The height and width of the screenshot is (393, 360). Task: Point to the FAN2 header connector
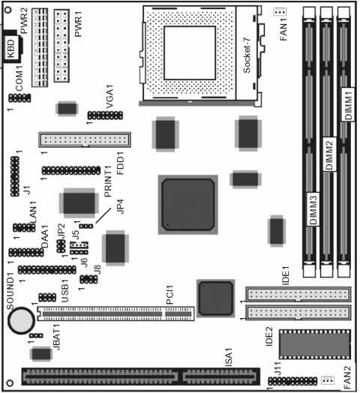328,380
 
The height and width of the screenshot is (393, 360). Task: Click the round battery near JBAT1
20,321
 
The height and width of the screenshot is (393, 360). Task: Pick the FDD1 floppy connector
84,140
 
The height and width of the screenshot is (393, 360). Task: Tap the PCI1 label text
170,293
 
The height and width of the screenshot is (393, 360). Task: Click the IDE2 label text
268,350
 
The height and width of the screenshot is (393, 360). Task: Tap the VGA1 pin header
101,116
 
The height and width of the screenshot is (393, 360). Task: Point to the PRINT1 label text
109,183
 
